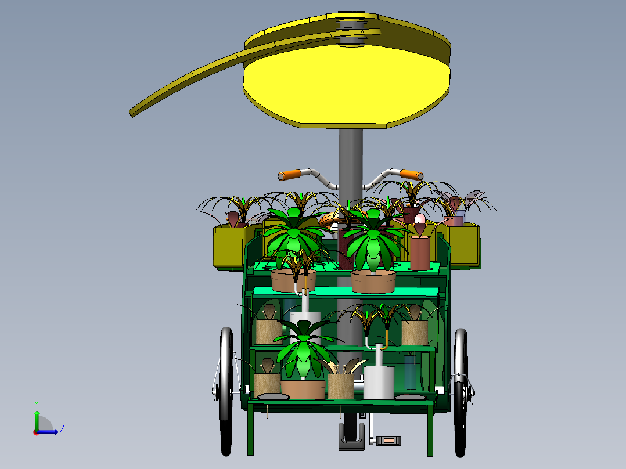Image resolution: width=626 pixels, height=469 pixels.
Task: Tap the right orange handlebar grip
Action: coord(412,175)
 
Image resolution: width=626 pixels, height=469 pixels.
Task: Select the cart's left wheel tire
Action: coord(226,391)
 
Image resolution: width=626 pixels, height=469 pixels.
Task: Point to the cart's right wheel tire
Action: coord(460,392)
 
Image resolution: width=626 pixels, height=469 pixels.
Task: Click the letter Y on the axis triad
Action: coord(37,403)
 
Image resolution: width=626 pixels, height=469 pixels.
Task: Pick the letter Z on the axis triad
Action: coord(62,429)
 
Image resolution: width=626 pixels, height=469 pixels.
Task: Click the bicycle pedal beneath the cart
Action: coord(388,441)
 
